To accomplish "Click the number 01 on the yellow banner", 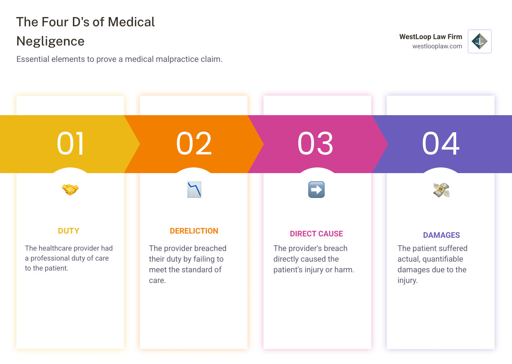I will coord(70,144).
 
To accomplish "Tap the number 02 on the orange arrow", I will coord(194,144).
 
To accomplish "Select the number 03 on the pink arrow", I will coord(315,144).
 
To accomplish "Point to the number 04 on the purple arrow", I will coord(441,144).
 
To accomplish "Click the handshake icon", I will coord(70,189).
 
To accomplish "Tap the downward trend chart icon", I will coord(194,189).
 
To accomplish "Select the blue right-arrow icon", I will coord(316,189).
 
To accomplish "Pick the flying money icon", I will coord(441,190).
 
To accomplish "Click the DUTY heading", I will coord(69,231).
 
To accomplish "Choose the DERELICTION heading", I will coord(194,231).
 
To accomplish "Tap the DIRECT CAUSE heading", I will coord(316,234).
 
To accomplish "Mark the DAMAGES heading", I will coord(441,235).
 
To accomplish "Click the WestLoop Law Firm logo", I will coord(480,41).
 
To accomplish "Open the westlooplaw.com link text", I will coord(437,46).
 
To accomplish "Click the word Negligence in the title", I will coord(50,41).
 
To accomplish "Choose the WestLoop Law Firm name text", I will coord(430,37).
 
